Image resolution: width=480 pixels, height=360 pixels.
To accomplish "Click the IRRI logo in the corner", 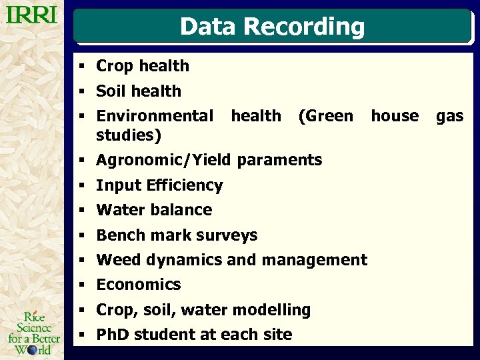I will pos(31,15).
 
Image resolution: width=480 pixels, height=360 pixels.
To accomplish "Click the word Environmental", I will pos(155,116).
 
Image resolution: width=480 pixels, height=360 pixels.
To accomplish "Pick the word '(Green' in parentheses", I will pos(325,116).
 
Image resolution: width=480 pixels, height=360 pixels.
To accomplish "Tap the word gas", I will pos(449,116).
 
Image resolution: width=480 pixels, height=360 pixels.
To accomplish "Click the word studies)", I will pos(129,135).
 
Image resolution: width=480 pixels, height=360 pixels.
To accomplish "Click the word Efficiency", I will pos(185,185).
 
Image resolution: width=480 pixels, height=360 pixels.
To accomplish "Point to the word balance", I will pos(181,210).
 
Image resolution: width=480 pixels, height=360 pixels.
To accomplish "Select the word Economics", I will pos(139,285).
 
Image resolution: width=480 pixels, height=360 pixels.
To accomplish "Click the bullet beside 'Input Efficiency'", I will pos(80,185).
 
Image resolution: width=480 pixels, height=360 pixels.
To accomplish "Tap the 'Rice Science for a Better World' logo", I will pos(33,333).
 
